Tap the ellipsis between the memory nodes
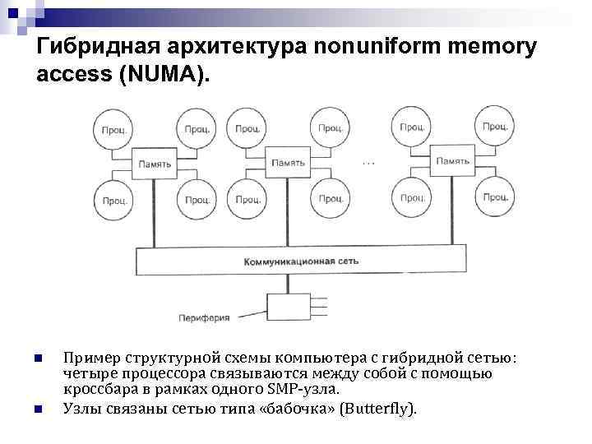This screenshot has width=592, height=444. pos(368,164)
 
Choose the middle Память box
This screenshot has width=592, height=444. pos(289,163)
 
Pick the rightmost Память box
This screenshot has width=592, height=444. pos(452,161)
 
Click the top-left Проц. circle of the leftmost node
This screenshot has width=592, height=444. pos(113,128)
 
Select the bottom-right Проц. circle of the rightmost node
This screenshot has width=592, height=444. pos(494,197)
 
